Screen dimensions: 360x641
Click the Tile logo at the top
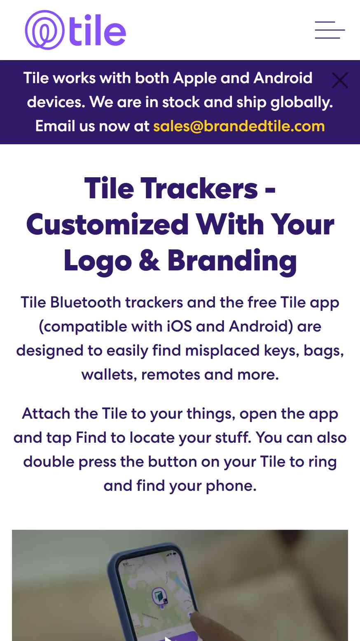click(x=75, y=30)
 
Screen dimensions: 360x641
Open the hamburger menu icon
click(x=330, y=30)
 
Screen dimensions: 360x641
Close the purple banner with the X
click(x=340, y=80)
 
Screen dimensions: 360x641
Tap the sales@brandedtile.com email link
click(x=239, y=126)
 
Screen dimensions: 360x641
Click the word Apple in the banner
click(x=195, y=79)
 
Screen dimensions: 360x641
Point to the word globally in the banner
click(x=302, y=103)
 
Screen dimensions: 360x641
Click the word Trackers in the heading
click(x=199, y=188)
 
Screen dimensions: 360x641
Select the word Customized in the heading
click(x=107, y=224)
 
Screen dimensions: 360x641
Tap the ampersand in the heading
click(x=149, y=261)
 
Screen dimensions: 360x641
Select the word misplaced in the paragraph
click(x=222, y=351)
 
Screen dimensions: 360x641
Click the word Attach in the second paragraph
click(x=46, y=414)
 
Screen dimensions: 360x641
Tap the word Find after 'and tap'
click(x=91, y=438)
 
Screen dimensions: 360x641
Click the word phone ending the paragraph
click(x=231, y=486)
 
